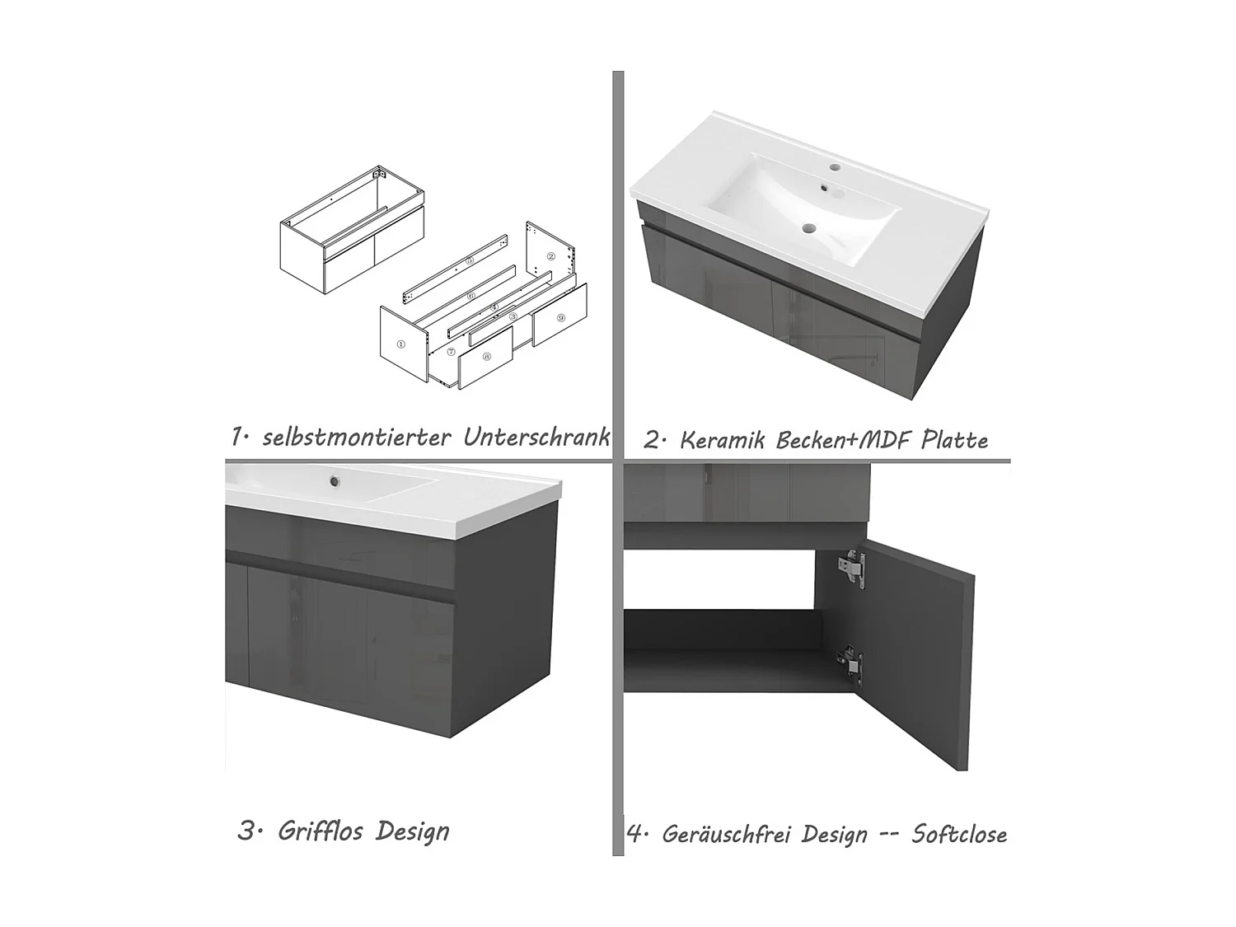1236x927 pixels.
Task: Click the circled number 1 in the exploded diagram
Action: [400, 344]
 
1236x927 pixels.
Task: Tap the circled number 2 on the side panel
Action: [550, 256]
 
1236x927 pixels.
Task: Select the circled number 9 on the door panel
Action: [560, 318]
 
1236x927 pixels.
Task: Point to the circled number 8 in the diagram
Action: [486, 356]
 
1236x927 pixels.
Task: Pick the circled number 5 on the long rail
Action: [469, 260]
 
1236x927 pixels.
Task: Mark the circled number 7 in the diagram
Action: [451, 353]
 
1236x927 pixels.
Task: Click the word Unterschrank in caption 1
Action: [536, 437]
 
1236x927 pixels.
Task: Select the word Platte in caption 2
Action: [954, 440]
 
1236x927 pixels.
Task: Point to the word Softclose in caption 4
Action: [959, 834]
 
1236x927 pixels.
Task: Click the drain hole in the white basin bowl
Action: [809, 228]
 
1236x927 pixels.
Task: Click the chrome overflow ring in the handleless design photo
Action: [335, 480]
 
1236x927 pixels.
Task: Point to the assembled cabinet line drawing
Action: [352, 230]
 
